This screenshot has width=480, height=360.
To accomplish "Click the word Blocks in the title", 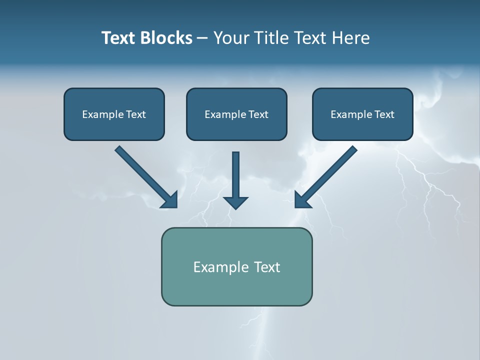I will click(166, 38).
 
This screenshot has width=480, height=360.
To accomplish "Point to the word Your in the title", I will click(231, 38).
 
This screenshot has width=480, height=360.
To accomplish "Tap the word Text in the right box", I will click(384, 114).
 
